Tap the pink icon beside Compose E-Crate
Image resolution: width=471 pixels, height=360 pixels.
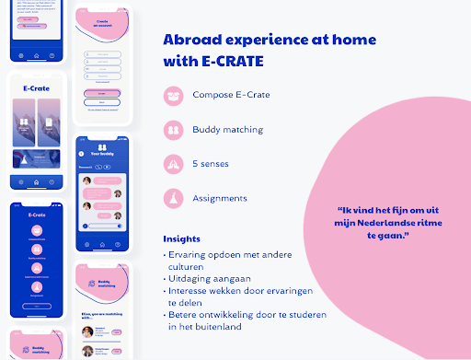173,96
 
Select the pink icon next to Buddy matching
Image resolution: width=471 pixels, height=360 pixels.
173,130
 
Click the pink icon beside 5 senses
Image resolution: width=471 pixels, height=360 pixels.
173,164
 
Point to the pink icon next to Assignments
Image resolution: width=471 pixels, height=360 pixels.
173,198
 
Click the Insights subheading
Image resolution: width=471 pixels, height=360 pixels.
181,238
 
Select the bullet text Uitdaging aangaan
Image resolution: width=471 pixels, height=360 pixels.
203,273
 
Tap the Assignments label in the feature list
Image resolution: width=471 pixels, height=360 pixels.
219,198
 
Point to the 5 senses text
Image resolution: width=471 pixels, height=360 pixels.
213,164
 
